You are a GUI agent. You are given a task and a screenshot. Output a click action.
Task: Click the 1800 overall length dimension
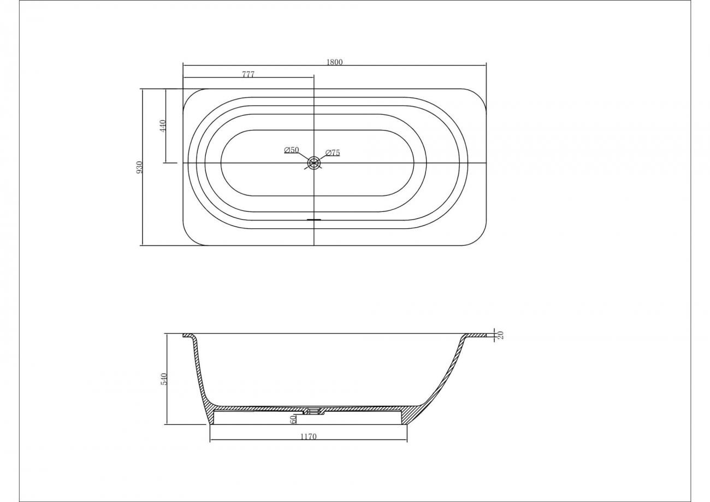pos(334,62)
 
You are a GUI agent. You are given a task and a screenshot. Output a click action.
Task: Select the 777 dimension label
pos(248,74)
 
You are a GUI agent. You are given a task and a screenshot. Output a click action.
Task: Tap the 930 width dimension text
pos(140,167)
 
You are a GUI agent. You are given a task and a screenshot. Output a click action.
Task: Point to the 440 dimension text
pos(163,126)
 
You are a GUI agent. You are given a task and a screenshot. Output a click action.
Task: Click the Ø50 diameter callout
pos(292,150)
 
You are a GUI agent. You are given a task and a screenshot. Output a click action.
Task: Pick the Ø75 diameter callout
pos(333,152)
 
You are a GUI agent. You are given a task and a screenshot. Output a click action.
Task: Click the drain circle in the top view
pos(314,163)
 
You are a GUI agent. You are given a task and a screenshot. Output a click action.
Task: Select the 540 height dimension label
pos(164,379)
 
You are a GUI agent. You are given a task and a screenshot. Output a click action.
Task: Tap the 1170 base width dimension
pos(309,436)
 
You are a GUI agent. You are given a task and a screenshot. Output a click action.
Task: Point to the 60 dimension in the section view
pos(293,419)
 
